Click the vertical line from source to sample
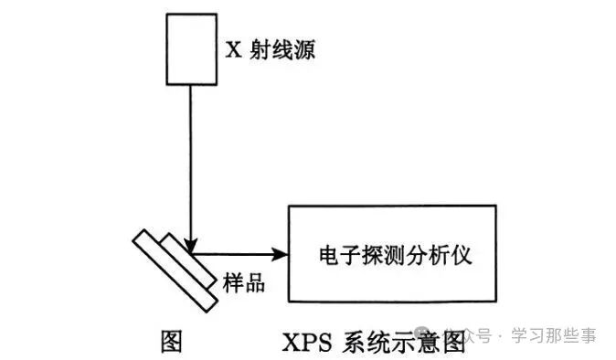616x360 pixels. (x=190, y=164)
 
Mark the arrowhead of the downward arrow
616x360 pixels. (x=190, y=245)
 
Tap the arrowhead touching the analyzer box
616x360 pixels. (x=281, y=254)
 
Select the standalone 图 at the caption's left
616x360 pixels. (x=171, y=337)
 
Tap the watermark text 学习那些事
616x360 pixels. (x=554, y=336)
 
